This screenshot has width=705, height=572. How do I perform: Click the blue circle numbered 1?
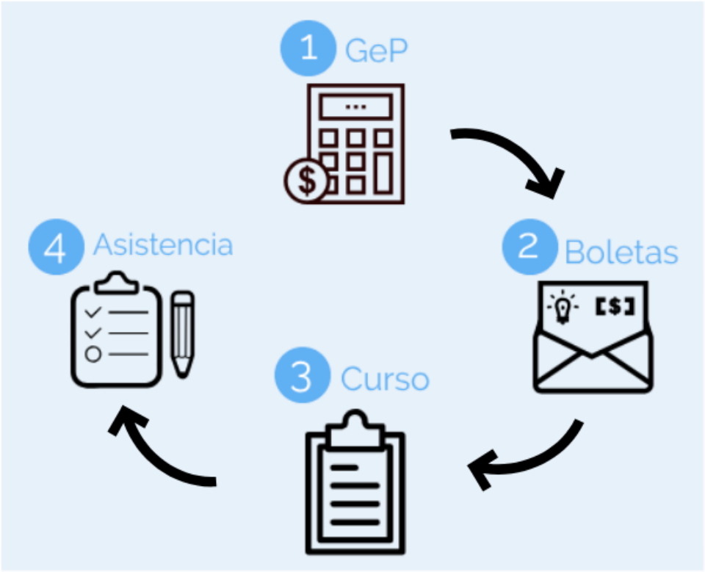(309, 48)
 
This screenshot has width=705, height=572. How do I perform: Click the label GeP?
(376, 51)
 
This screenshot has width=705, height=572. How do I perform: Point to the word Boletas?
(621, 252)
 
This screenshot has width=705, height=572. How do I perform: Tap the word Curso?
(385, 379)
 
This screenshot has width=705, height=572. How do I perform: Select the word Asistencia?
(162, 245)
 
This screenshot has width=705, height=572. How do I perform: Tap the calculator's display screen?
(355, 107)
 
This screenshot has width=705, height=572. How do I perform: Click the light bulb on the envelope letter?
(563, 307)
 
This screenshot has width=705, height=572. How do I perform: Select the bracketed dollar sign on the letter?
(614, 306)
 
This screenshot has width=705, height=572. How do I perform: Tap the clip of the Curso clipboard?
(355, 431)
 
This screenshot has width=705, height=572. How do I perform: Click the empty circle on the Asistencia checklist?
(93, 354)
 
